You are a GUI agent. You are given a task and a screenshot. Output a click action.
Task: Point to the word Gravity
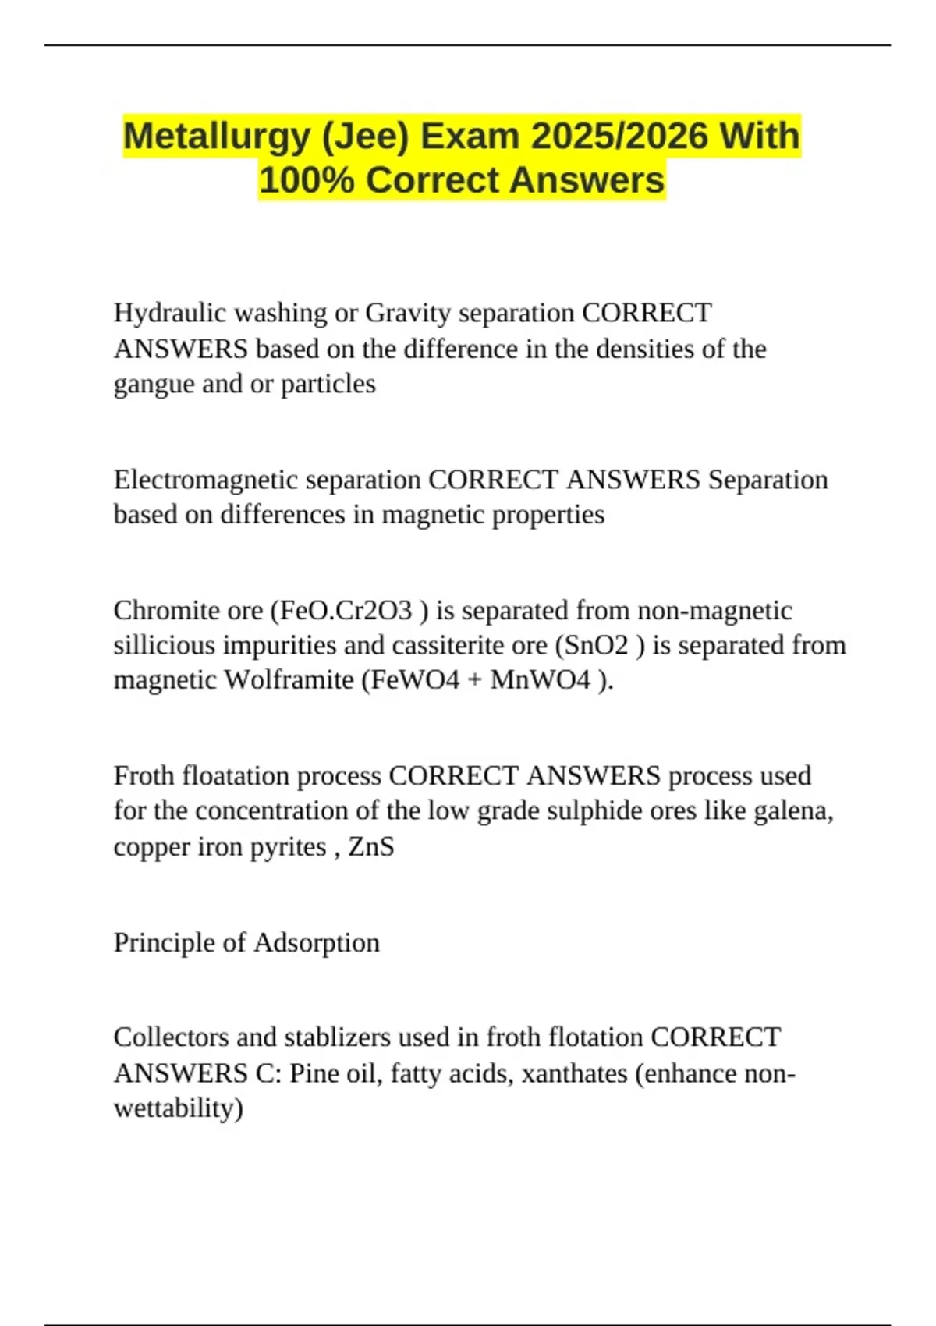coord(408,314)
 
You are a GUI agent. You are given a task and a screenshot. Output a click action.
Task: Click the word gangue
coord(154,385)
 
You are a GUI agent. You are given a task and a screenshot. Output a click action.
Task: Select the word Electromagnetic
coord(204,480)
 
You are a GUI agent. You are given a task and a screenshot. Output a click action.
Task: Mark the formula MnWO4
coord(541,680)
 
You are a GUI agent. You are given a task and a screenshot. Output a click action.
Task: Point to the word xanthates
coord(575,1073)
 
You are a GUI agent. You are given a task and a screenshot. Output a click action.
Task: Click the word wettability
coord(178,1108)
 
